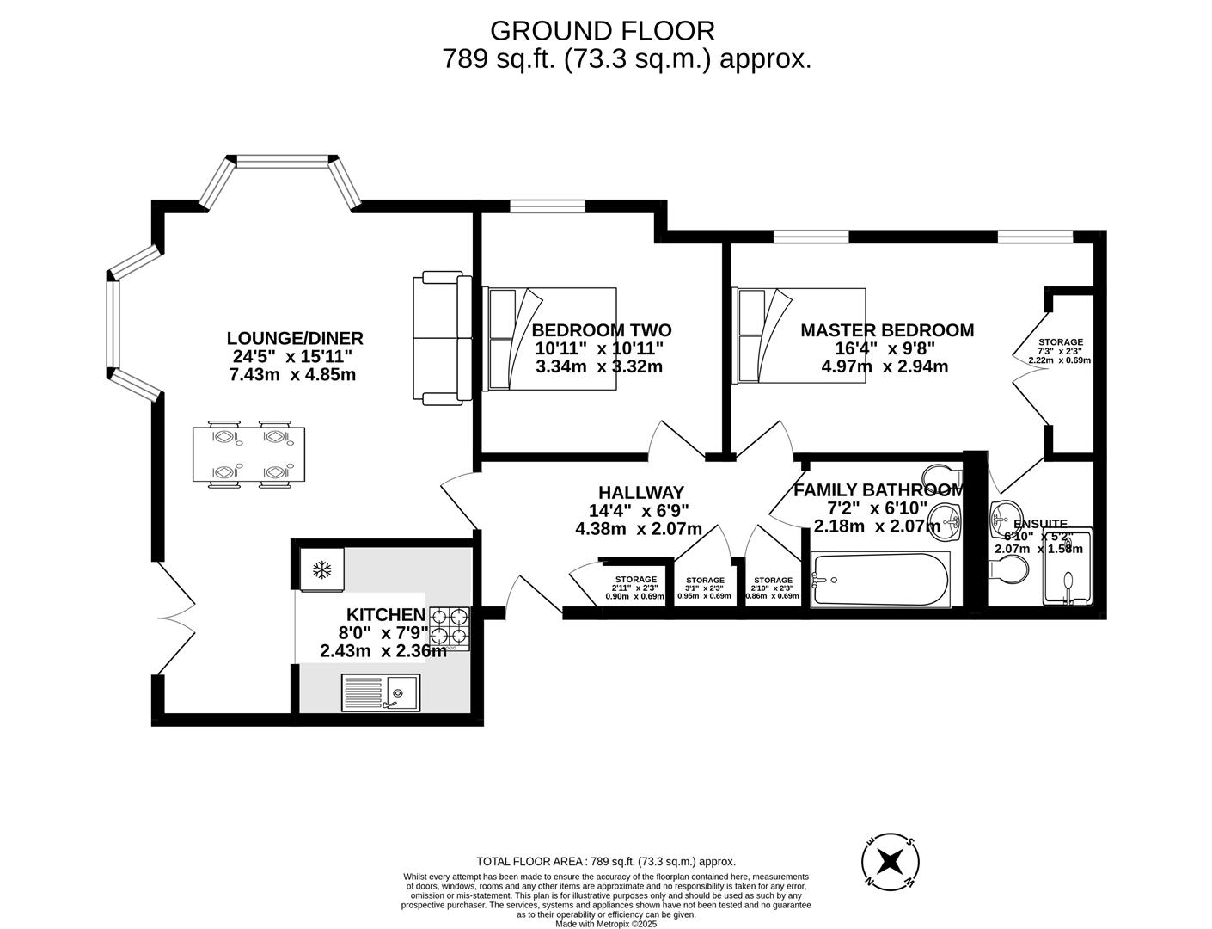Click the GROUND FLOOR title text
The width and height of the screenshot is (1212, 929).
602,31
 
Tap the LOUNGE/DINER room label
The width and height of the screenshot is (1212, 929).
295,338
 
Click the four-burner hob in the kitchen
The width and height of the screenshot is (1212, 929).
450,626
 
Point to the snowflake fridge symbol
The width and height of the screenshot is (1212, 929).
322,569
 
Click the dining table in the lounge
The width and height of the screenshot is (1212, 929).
248,454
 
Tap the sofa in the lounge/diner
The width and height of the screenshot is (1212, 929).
442,338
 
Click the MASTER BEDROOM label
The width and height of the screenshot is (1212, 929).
886,330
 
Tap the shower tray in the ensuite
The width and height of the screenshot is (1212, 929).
1068,568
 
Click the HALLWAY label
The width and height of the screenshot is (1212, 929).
640,492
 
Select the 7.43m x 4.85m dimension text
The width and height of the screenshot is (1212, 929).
292,375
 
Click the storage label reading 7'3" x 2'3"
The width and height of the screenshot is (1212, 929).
1059,351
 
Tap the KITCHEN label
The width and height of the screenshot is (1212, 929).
385,614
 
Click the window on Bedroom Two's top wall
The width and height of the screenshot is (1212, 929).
548,206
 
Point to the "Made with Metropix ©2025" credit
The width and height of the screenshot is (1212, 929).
606,924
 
